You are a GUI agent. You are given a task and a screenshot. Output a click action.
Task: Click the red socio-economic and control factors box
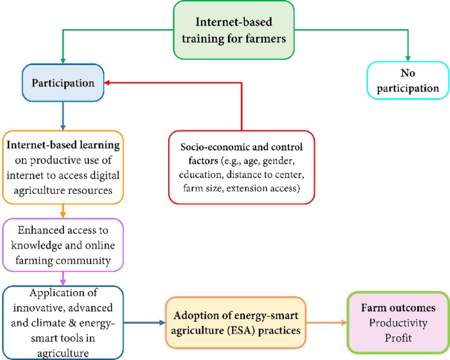(241, 162)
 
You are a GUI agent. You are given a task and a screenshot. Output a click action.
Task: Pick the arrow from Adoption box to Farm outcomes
(328, 322)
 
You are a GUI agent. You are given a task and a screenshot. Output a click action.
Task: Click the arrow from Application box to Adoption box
(144, 322)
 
